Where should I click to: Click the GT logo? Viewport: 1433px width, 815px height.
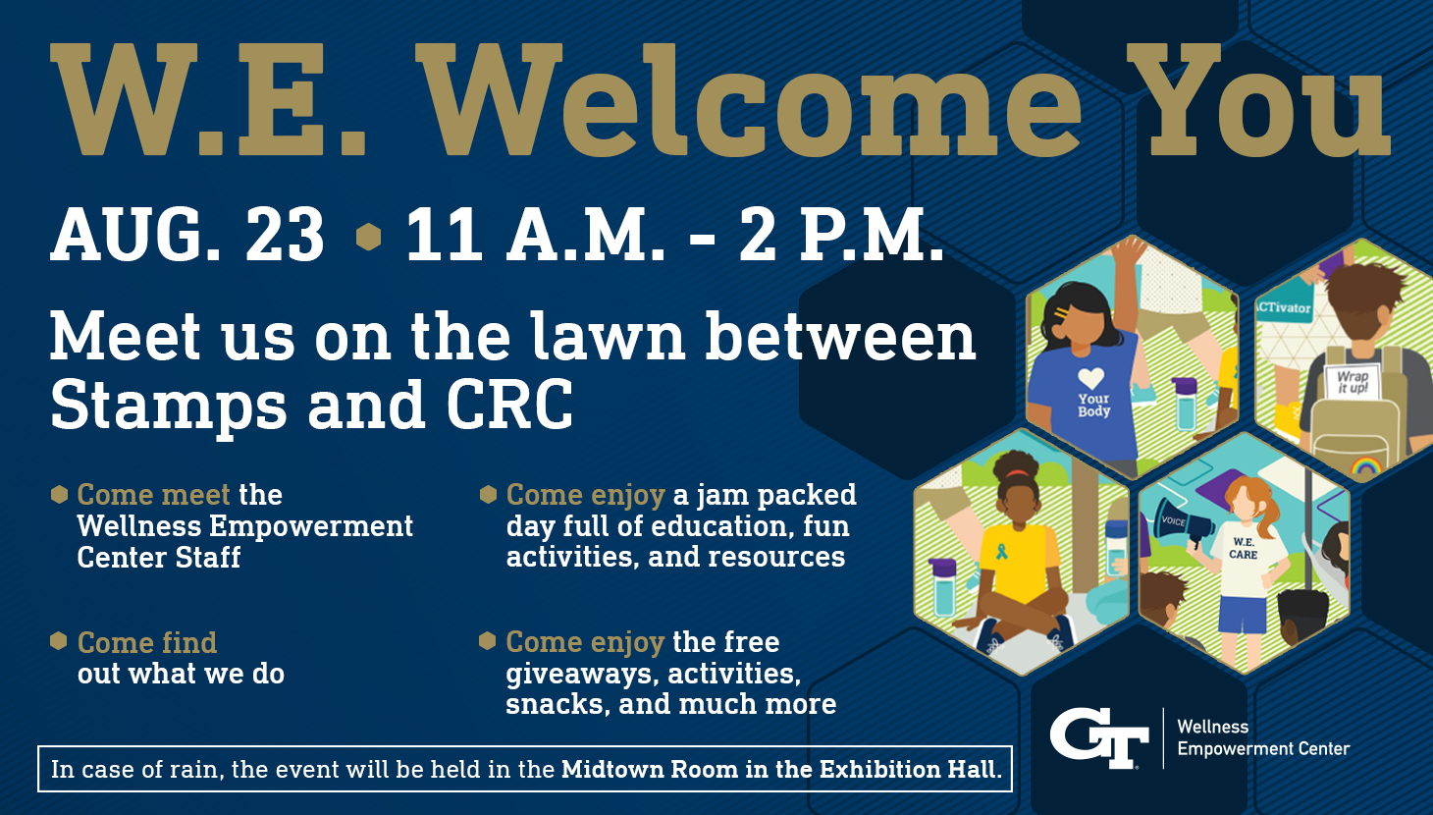1098,737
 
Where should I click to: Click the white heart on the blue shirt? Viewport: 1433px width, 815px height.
1090,378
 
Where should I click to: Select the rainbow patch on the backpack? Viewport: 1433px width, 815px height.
1365,464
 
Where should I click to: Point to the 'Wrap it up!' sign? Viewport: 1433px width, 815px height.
1352,382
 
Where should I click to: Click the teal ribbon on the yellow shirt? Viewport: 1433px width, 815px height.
1001,551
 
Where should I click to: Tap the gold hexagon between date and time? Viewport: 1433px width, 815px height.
368,237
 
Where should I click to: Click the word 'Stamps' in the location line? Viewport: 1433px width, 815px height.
169,406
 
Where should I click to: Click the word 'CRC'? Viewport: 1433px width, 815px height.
509,405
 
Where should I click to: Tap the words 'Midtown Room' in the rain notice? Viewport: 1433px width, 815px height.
650,769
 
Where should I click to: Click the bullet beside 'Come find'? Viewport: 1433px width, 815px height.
59,641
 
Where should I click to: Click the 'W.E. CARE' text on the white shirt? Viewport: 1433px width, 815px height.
1244,549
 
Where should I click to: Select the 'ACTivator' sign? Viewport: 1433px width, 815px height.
1283,307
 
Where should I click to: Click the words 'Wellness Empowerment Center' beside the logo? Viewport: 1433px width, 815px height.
1263,737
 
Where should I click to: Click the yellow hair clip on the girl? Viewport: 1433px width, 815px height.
1061,314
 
